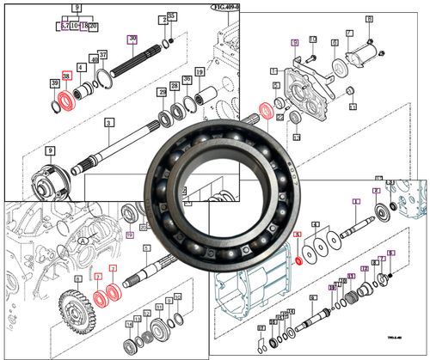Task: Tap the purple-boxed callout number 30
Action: coord(132,39)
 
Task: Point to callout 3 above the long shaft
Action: coord(108,124)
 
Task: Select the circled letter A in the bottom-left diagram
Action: coord(83,243)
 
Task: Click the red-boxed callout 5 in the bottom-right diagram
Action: coord(297,235)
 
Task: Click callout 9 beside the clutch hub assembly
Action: coord(51,151)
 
